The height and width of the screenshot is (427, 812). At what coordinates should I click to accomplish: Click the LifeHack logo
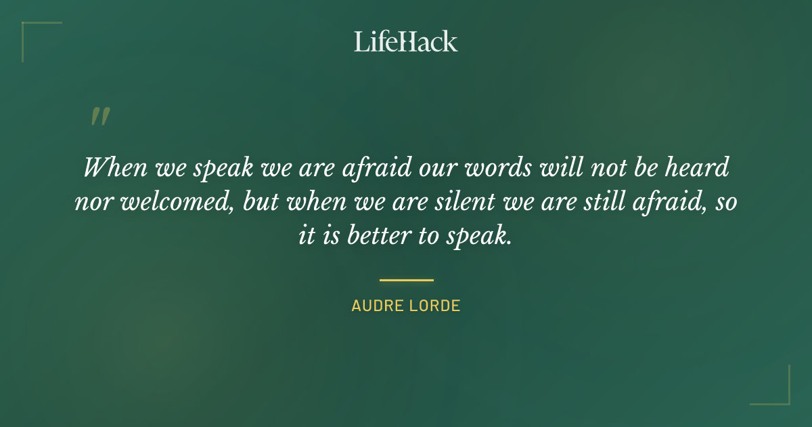[405, 41]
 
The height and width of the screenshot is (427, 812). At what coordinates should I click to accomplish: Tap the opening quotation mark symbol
[99, 117]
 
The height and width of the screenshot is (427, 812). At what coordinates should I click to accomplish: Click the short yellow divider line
[406, 279]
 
